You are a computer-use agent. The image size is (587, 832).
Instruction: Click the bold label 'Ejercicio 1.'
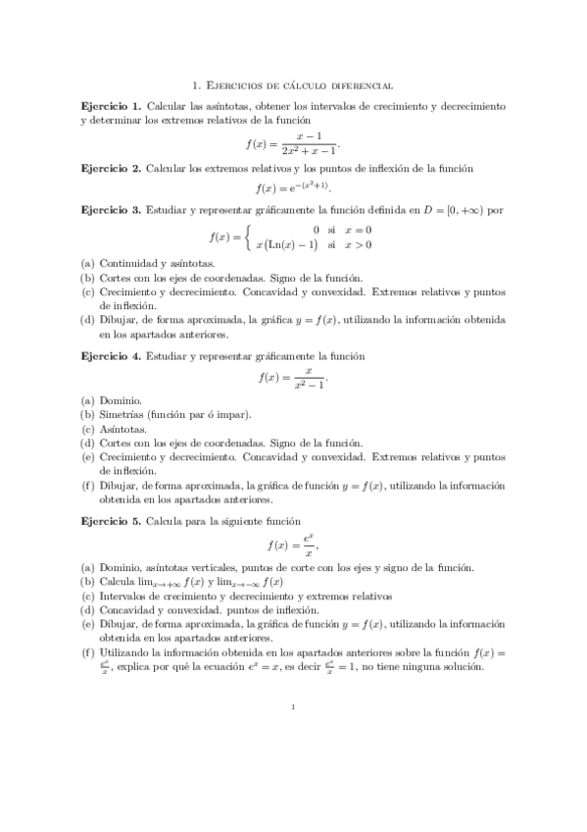click(111, 105)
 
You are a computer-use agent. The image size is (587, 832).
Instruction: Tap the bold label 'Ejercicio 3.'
click(111, 210)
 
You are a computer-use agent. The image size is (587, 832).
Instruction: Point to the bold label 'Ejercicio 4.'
click(111, 356)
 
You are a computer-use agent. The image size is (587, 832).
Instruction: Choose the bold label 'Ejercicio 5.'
click(111, 520)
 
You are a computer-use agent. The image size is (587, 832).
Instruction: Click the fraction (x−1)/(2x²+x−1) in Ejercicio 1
click(309, 142)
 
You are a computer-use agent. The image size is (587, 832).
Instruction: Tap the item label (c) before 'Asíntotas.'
click(87, 429)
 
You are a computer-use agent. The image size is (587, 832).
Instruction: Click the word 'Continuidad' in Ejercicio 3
click(129, 263)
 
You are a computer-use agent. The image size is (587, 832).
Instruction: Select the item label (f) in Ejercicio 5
click(87, 653)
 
